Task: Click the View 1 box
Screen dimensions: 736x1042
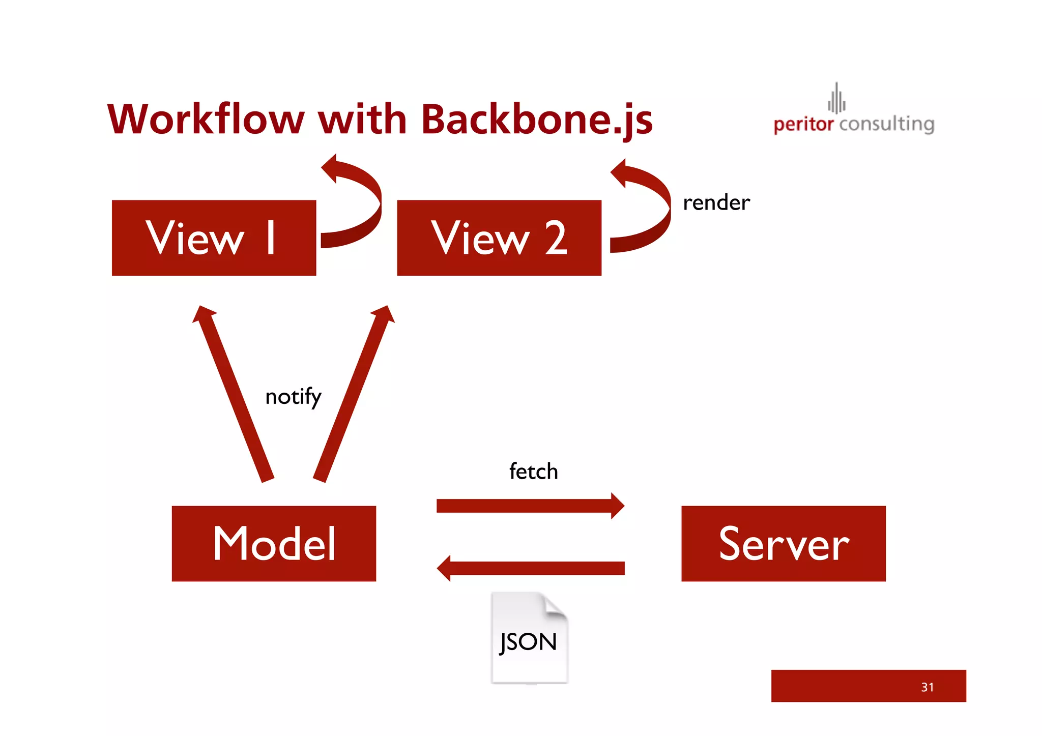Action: tap(214, 238)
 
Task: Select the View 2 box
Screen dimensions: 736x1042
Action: tap(499, 238)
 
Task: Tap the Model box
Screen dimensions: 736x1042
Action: tap(274, 543)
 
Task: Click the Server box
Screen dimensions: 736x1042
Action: tap(783, 543)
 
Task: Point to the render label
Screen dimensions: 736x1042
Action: tap(716, 203)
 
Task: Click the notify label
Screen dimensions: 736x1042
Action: tap(293, 397)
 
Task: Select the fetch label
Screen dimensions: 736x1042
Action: tap(533, 472)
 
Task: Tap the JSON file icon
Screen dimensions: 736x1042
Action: tap(529, 638)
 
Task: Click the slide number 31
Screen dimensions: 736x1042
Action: tap(927, 687)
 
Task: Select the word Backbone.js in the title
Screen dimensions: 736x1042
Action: tap(537, 121)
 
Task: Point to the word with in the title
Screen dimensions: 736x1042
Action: tap(362, 120)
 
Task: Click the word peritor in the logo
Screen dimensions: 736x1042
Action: tap(803, 124)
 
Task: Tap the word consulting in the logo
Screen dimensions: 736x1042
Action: tap(886, 124)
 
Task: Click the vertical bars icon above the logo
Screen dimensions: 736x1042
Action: tap(836, 99)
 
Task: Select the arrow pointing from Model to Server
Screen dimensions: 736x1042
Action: tap(529, 506)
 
